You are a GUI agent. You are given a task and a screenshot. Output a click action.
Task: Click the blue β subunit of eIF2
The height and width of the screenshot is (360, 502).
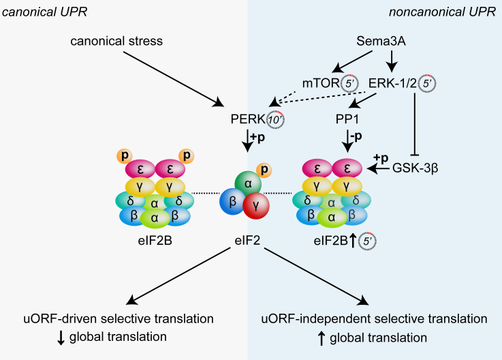pos(232,202)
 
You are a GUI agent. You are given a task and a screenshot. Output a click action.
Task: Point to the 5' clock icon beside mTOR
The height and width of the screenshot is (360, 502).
pos(351,83)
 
